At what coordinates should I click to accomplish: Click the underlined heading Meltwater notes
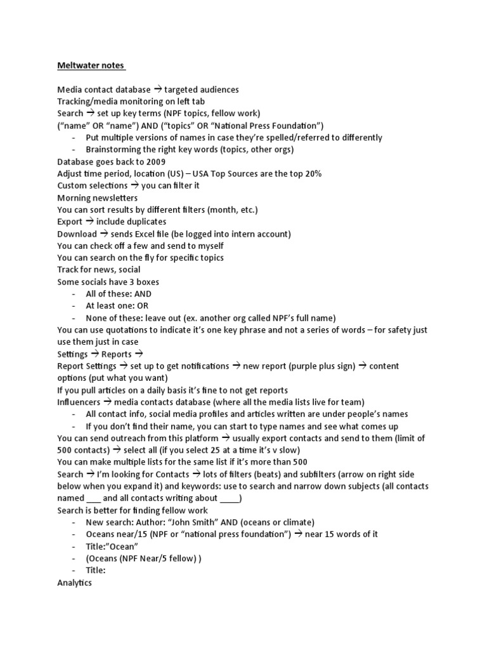91,65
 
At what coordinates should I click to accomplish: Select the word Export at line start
70,222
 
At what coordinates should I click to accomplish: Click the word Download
77,234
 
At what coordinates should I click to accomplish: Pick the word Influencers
79,402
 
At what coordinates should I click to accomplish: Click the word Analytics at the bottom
74,582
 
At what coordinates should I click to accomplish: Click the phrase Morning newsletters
97,197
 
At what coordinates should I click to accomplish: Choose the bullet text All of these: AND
119,294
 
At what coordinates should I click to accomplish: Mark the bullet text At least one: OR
117,306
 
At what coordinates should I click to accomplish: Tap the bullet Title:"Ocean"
112,546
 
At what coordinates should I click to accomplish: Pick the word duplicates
146,222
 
